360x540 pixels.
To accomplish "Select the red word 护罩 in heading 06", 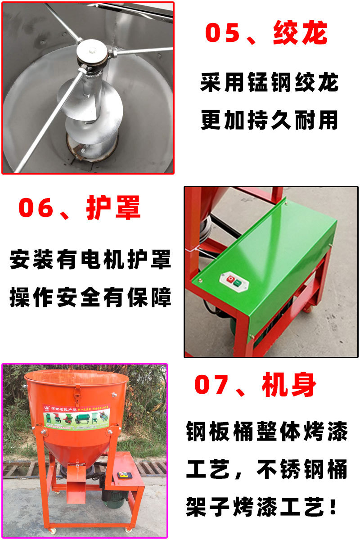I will click(113, 207).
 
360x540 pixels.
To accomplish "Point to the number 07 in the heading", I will click(215, 386).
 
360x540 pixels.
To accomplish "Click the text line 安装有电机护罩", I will click(90, 260).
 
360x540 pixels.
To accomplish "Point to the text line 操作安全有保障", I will click(90, 297).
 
